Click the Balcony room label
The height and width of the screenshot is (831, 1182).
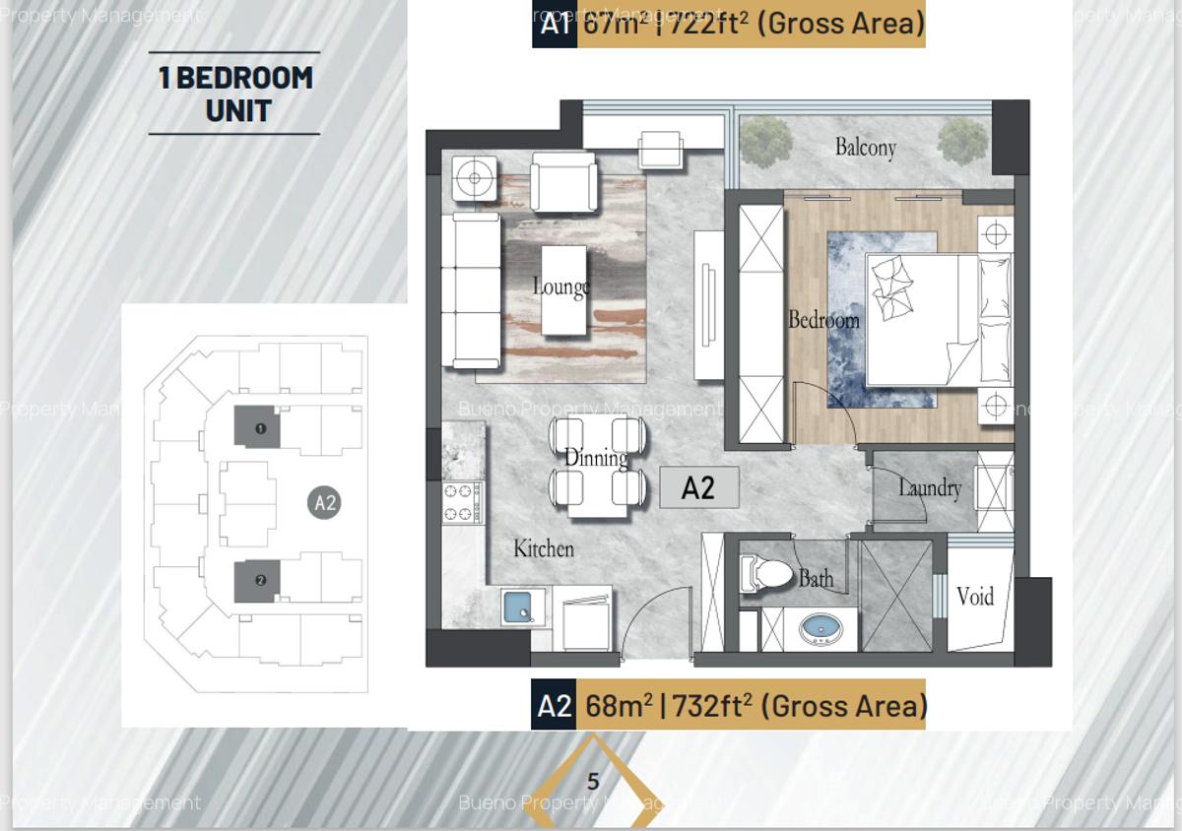pos(865,148)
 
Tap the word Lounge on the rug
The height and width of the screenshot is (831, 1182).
pos(560,287)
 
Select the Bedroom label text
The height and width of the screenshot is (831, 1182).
pos(823,320)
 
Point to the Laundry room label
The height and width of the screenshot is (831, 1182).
pos(929,487)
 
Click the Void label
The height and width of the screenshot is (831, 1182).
pos(975,596)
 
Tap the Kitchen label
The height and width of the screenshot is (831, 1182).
pos(543,548)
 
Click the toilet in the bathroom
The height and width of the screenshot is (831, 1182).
pos(766,574)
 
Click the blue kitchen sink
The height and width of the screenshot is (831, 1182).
pos(519,607)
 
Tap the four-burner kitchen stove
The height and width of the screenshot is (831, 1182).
pos(460,501)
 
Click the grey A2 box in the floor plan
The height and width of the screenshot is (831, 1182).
pos(698,487)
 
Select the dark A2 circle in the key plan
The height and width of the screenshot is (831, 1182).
pos(325,503)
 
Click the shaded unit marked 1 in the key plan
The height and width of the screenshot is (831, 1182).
pos(258,428)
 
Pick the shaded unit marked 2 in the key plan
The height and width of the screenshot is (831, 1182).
pos(258,580)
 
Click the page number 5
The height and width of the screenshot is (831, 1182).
pos(593,782)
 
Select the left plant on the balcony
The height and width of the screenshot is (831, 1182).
pos(765,142)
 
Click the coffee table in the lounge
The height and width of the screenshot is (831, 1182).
pos(564,289)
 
